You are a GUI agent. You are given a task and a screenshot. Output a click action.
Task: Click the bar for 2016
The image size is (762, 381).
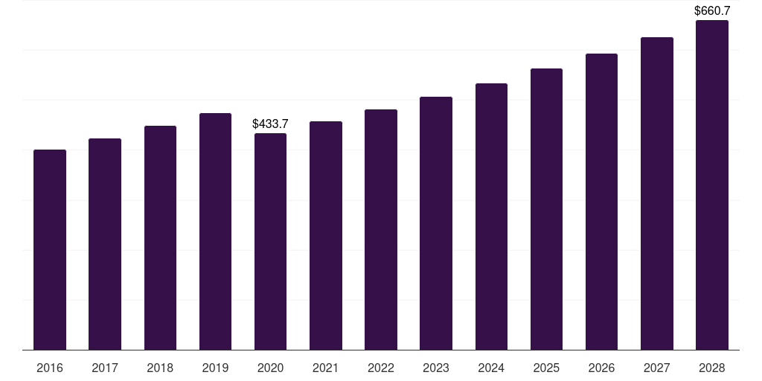pos(50,249)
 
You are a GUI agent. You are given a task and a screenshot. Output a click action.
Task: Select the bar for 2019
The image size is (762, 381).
pos(215,231)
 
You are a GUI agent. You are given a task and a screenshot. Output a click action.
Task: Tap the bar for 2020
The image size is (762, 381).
pos(270,241)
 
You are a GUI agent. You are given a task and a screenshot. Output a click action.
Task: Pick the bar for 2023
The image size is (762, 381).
pos(436,223)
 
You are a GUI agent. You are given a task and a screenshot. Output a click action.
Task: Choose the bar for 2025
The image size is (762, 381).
pos(546,209)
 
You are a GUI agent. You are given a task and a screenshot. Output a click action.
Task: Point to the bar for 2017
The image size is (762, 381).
pos(105,244)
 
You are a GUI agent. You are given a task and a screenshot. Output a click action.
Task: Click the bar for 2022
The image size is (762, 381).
pos(381,229)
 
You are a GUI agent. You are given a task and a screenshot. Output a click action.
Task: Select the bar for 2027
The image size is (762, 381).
pos(657,193)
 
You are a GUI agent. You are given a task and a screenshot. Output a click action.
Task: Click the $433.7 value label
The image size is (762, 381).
pos(270,124)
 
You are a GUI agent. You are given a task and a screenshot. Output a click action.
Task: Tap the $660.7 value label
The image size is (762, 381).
pos(712,11)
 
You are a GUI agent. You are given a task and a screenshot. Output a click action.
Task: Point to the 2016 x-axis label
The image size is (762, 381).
pos(50,368)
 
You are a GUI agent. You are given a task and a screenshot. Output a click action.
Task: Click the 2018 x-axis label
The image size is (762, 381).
pos(160,368)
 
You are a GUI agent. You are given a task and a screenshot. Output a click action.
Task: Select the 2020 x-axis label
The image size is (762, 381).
pos(270,368)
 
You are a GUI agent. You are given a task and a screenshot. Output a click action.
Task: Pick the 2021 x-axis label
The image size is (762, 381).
pos(326,368)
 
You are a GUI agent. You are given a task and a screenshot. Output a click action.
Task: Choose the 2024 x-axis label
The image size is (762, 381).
pos(491,368)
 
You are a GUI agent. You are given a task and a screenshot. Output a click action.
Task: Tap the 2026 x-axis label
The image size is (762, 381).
pos(601,368)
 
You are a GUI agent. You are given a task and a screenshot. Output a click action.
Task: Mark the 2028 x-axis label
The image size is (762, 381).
pos(712,368)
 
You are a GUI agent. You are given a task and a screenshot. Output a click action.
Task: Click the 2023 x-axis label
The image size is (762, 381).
pos(436,368)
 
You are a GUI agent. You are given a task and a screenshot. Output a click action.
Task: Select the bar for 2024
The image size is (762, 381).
pos(491,217)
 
